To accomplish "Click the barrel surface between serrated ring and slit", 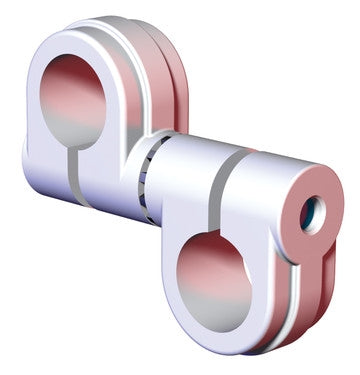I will [185, 175].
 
